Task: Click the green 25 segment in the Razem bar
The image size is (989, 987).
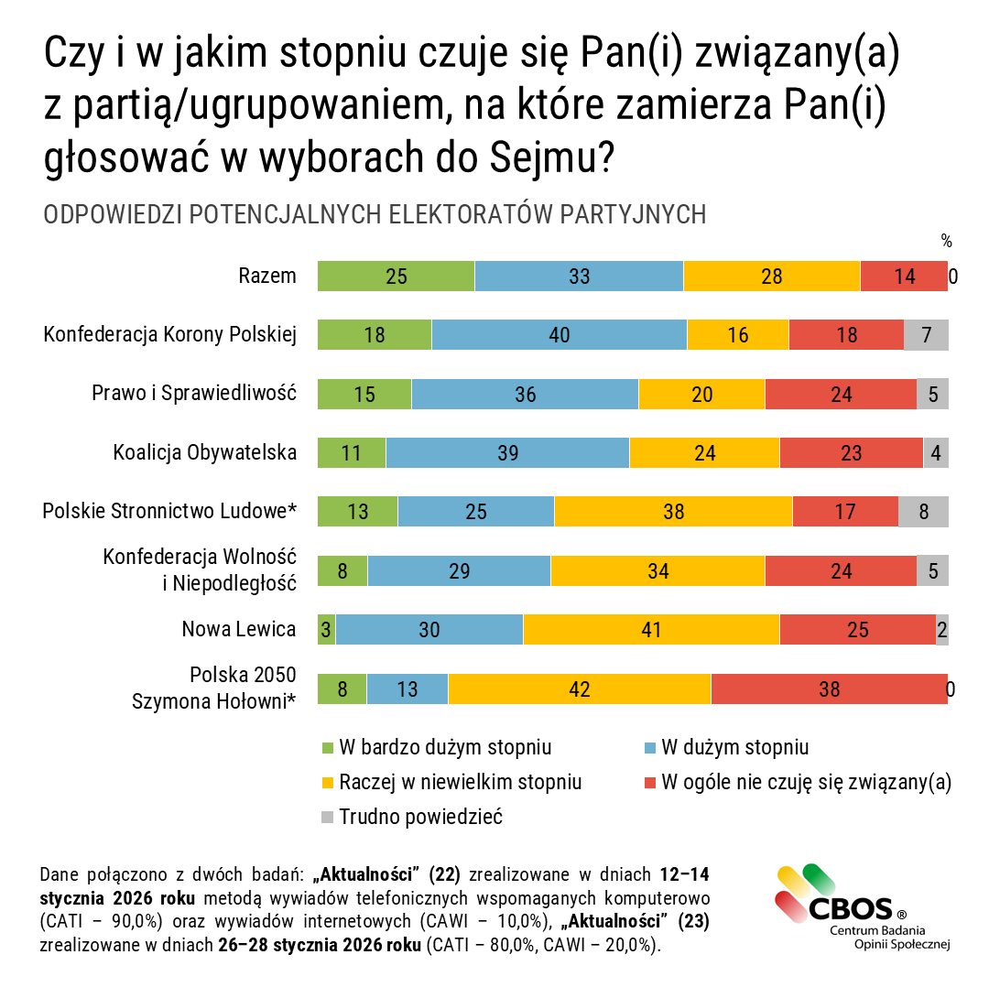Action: click(396, 276)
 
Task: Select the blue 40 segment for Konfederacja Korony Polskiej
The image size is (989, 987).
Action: click(559, 335)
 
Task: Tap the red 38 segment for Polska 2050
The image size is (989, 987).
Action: click(829, 689)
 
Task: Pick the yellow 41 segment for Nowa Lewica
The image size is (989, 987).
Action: click(651, 630)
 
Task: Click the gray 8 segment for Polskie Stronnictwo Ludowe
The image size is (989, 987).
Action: click(923, 512)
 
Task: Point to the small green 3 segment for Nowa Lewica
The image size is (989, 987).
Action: click(326, 630)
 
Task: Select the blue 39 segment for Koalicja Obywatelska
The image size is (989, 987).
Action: click(507, 453)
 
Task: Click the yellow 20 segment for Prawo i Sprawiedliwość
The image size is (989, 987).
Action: click(701, 395)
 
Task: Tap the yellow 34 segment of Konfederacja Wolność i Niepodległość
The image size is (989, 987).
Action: click(658, 571)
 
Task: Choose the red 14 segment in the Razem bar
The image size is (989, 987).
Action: click(904, 276)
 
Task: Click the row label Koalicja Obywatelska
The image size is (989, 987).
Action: click(204, 452)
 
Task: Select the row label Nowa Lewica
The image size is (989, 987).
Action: click(238, 629)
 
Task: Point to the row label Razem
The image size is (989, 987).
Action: click(267, 276)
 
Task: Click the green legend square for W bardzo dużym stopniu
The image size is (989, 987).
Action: click(327, 748)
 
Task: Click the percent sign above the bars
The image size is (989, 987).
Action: click(946, 242)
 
